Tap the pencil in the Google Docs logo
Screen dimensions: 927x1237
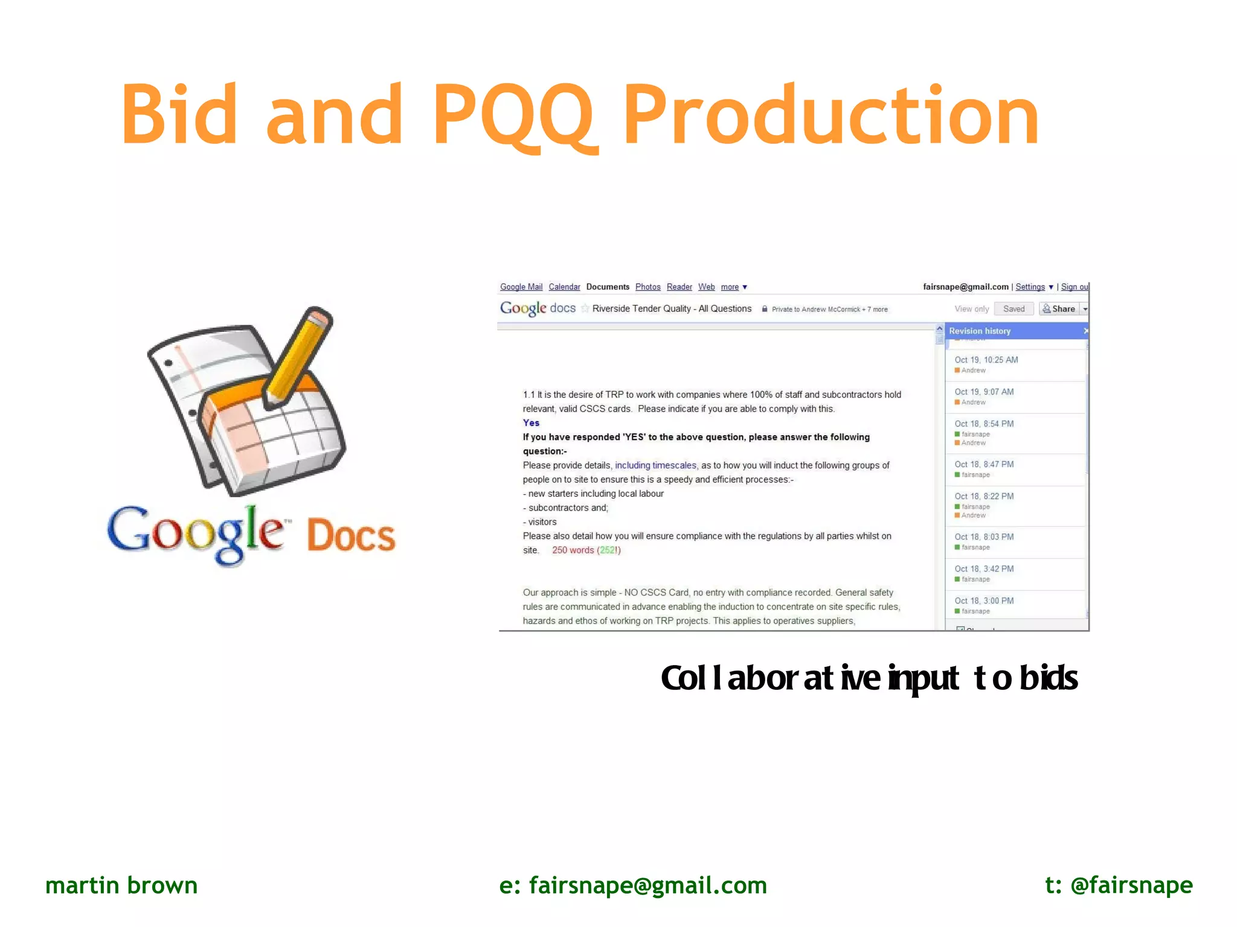pos(299,356)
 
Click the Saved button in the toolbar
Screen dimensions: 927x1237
pos(1014,309)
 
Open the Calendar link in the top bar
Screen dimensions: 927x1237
pos(564,287)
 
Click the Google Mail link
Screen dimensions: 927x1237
pos(521,287)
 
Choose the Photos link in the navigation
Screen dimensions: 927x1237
pos(647,287)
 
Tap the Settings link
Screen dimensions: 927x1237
pos(1030,287)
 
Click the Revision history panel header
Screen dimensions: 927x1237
pos(980,331)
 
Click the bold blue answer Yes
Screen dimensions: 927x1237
pos(531,423)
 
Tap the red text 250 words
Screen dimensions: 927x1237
pos(573,550)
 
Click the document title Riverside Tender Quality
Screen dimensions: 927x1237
pos(671,309)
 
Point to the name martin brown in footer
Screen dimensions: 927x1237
pos(121,885)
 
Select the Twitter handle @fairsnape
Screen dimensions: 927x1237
pos(1131,885)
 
